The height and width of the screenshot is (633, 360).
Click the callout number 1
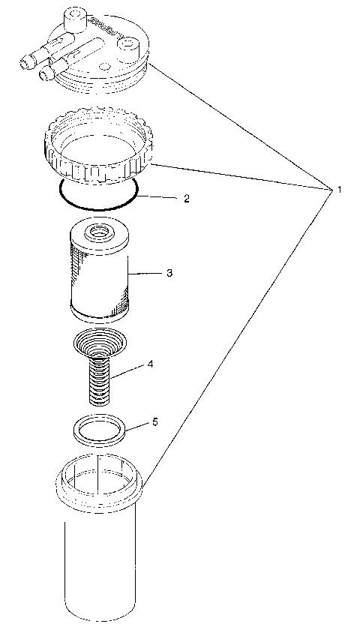pos(339,190)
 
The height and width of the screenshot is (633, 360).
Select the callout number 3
pos(169,273)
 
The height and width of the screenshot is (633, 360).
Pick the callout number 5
pos(155,422)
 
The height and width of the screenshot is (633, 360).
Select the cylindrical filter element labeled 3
pos(99,277)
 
